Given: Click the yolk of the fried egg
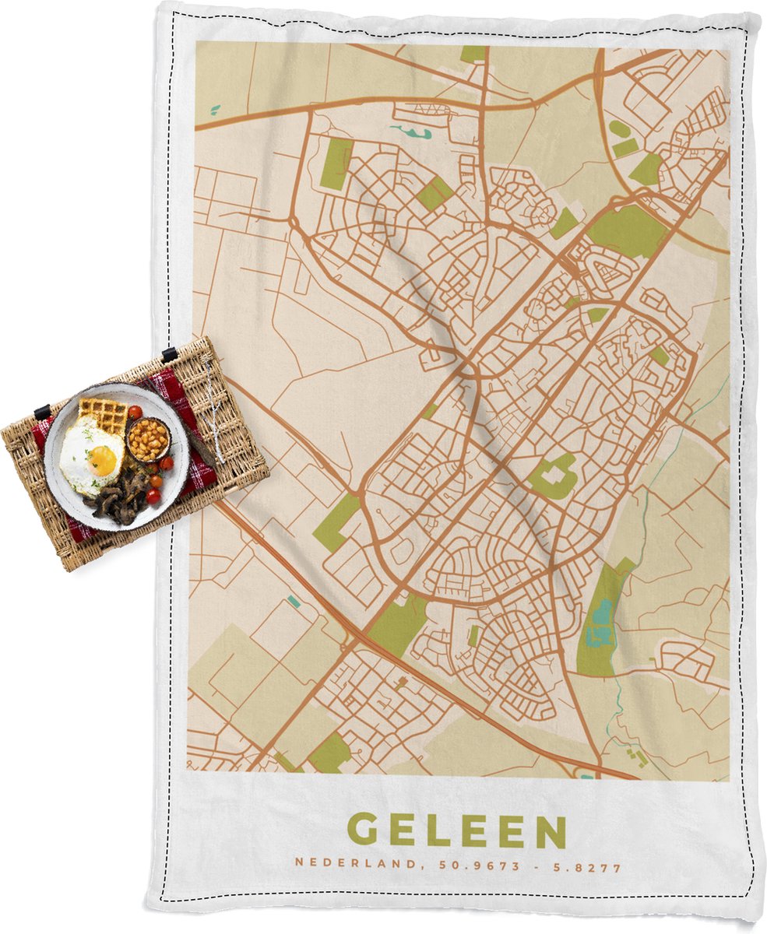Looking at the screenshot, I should (x=102, y=461).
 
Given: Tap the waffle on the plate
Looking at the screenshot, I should (x=104, y=414).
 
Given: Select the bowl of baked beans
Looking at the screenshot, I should (x=147, y=440).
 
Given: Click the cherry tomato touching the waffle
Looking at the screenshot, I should (x=134, y=412).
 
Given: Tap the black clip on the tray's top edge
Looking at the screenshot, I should (x=168, y=354).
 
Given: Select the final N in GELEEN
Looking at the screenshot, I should (x=551, y=831).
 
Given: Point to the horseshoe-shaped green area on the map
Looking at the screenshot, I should (x=554, y=476).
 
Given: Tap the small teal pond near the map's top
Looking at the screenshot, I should (x=413, y=132).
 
